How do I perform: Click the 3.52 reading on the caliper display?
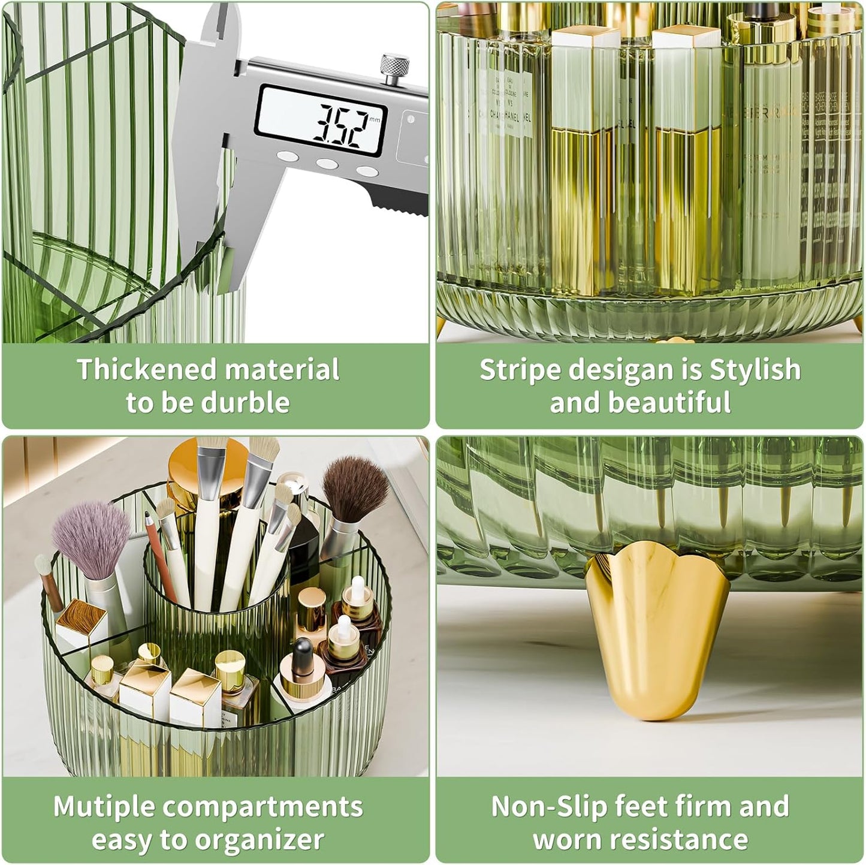[x=338, y=126]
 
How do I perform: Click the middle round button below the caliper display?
[x=327, y=163]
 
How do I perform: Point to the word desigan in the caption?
[x=620, y=370]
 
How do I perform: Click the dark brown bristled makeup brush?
[x=355, y=489]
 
